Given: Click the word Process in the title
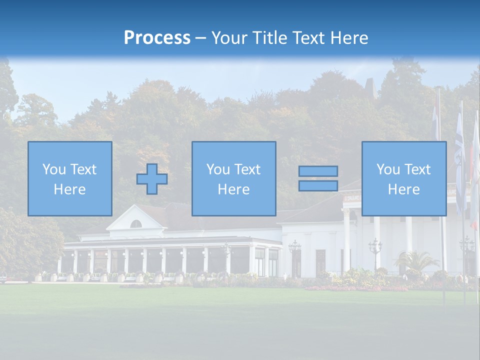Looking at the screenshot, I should pos(157,38).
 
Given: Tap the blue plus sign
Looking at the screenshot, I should pos(152,179).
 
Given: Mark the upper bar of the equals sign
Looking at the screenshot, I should pos(318,171).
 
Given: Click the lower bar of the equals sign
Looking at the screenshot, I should pos(318,186).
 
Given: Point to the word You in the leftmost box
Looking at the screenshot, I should pos(54,169).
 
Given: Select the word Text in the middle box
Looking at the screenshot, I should pos(247,169).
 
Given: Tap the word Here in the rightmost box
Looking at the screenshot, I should pos(403,189).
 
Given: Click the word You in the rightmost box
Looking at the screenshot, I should pos(388,169).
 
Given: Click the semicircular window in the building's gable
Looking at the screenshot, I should pos(135,224).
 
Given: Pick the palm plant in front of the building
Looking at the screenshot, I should pos(415,260).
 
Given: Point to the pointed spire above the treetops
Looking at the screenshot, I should pos(371,87).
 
